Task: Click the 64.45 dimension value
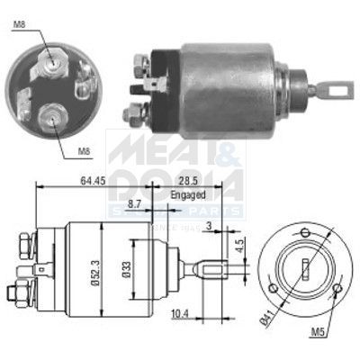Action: pyautogui.click(x=90, y=181)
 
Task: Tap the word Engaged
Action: pyautogui.click(x=188, y=193)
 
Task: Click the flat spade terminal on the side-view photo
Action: pyautogui.click(x=155, y=86)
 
